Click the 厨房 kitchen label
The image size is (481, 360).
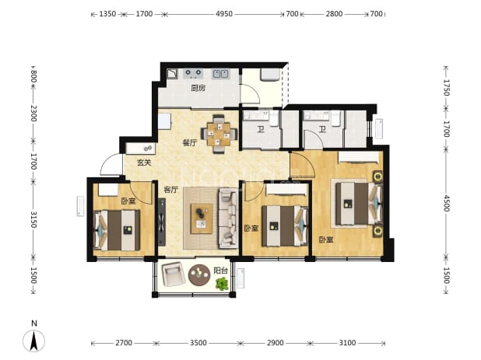pyautogui.click(x=198, y=88)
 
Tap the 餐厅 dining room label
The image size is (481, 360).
pyautogui.click(x=190, y=143)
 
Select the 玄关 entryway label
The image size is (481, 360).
pyautogui.click(x=144, y=163)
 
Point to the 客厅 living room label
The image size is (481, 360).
pyautogui.click(x=171, y=190)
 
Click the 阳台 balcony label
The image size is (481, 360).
pyautogui.click(x=220, y=271)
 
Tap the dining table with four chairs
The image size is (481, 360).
pyautogui.click(x=219, y=134)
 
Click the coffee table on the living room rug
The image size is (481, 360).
pyautogui.click(x=202, y=218)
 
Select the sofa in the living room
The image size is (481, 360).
pyautogui.click(x=227, y=218)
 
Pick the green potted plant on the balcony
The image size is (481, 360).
pyautogui.click(x=222, y=284)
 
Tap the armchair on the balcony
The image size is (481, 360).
pyautogui.click(x=174, y=274)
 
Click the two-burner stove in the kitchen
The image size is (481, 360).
pyautogui.click(x=193, y=73)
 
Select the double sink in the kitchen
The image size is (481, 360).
pyautogui.click(x=220, y=74)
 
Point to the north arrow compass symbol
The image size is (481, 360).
pyautogui.click(x=34, y=341)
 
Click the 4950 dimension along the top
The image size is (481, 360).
pyautogui.click(x=224, y=14)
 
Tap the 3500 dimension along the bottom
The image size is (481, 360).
pyautogui.click(x=198, y=343)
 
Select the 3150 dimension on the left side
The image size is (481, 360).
pyautogui.click(x=33, y=219)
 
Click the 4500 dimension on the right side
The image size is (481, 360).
pyautogui.click(x=446, y=203)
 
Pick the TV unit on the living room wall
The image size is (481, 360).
pyautogui.click(x=162, y=222)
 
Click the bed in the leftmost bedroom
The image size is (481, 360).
pyautogui.click(x=117, y=230)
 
